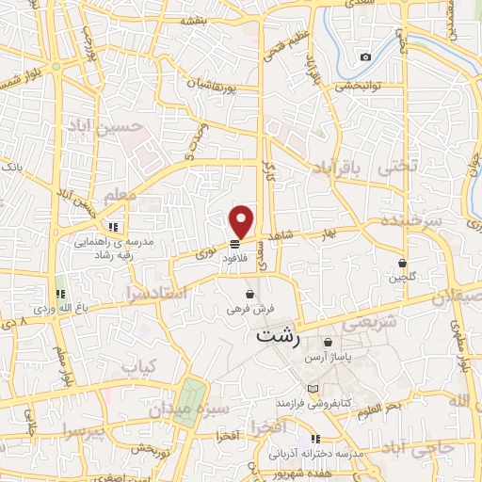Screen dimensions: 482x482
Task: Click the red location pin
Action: [242, 220]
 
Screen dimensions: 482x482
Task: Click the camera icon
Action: [365, 57]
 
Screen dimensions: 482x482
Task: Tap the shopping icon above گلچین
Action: [403, 263]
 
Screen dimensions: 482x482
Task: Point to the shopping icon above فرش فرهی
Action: [249, 294]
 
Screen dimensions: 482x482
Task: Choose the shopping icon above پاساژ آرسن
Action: [328, 342]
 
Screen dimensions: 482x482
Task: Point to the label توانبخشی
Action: [355, 88]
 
